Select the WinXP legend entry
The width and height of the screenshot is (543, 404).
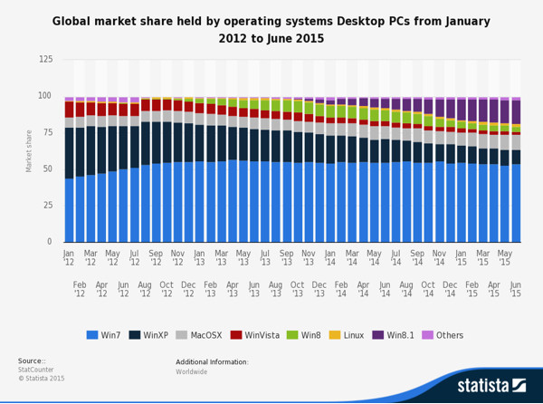pyautogui.click(x=161, y=335)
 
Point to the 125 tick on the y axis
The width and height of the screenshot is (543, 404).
pyautogui.click(x=45, y=59)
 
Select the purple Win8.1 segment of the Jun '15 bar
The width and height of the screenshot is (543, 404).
pyautogui.click(x=516, y=112)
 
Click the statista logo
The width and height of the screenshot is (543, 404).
pyautogui.click(x=491, y=386)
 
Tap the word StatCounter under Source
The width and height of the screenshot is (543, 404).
pyautogui.click(x=36, y=370)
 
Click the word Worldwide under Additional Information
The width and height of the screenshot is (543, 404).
pyautogui.click(x=192, y=371)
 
